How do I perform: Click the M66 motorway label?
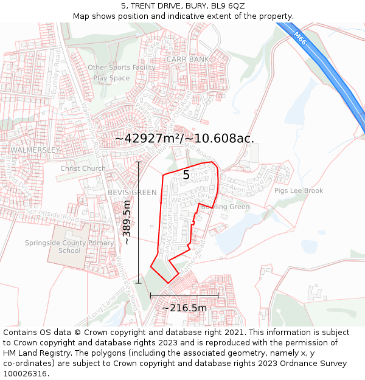click(x=299, y=38)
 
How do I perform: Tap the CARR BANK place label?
click(x=187, y=59)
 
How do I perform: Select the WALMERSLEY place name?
click(x=35, y=150)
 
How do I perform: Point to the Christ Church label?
click(x=83, y=168)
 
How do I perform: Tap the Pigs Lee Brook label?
click(x=299, y=190)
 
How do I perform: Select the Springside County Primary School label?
click(x=69, y=247)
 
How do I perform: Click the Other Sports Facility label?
click(x=122, y=67)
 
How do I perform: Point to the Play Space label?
click(x=111, y=78)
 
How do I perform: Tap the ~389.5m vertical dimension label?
click(x=127, y=222)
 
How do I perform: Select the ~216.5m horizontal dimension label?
click(x=184, y=308)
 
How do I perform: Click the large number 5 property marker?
click(x=186, y=175)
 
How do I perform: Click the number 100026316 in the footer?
click(x=26, y=373)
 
